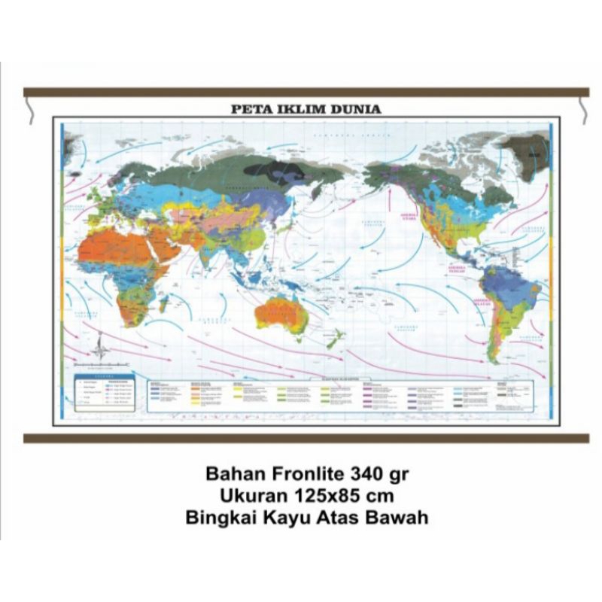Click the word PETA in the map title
click(248, 109)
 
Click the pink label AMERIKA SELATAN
click(482, 302)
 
